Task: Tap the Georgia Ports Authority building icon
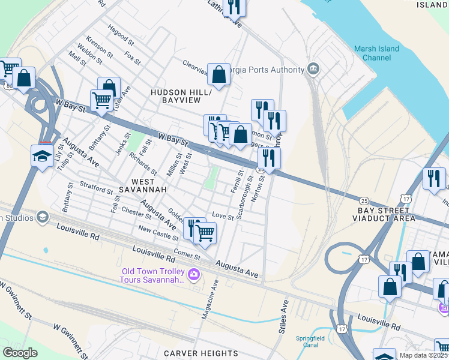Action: (x=313, y=70)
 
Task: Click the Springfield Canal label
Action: (x=310, y=341)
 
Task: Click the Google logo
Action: (x=20, y=352)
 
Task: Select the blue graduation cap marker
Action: (x=43, y=157)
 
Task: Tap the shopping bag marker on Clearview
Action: (x=219, y=75)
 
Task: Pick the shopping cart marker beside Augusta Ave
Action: (x=205, y=232)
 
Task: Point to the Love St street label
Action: (x=222, y=217)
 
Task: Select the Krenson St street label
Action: (x=100, y=46)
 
